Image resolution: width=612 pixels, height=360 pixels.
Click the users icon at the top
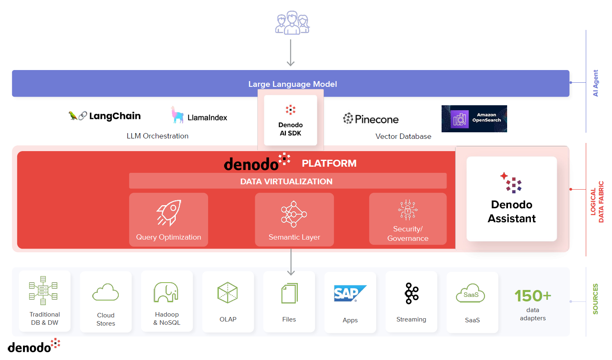(292, 23)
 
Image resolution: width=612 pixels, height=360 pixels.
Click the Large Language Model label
(292, 84)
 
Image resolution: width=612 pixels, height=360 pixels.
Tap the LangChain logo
(105, 116)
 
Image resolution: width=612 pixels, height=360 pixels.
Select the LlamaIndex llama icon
(177, 115)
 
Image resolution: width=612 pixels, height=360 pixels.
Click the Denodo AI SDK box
(290, 120)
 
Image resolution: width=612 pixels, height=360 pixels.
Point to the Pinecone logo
(371, 119)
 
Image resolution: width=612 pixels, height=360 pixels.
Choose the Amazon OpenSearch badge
(474, 119)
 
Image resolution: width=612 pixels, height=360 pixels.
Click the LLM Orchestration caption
(157, 136)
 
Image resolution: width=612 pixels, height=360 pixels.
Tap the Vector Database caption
(403, 136)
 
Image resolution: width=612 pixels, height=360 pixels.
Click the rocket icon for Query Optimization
(169, 213)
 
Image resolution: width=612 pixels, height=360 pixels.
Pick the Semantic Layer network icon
(294, 214)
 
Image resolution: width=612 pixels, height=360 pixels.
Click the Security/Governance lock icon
(408, 210)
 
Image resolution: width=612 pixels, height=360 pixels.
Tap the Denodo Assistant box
(512, 199)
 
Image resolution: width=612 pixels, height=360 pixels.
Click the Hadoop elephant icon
(166, 292)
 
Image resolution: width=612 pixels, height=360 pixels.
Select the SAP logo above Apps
(349, 293)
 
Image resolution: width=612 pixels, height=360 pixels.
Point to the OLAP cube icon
(227, 292)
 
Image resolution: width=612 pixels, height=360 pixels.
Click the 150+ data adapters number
(533, 296)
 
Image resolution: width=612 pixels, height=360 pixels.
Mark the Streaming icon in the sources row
(411, 293)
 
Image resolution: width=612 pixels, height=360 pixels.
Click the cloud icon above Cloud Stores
(105, 292)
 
